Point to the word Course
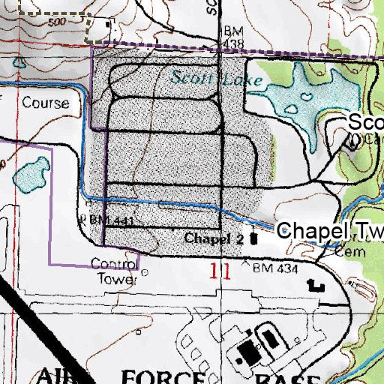tap(45, 103)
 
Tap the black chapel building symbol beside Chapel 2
tap(253, 239)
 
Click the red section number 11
tap(219, 270)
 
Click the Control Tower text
tap(113, 271)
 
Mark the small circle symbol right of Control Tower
tap(145, 273)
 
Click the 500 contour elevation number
tap(52, 22)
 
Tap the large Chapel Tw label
tap(330, 232)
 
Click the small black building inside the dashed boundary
tap(109, 25)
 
